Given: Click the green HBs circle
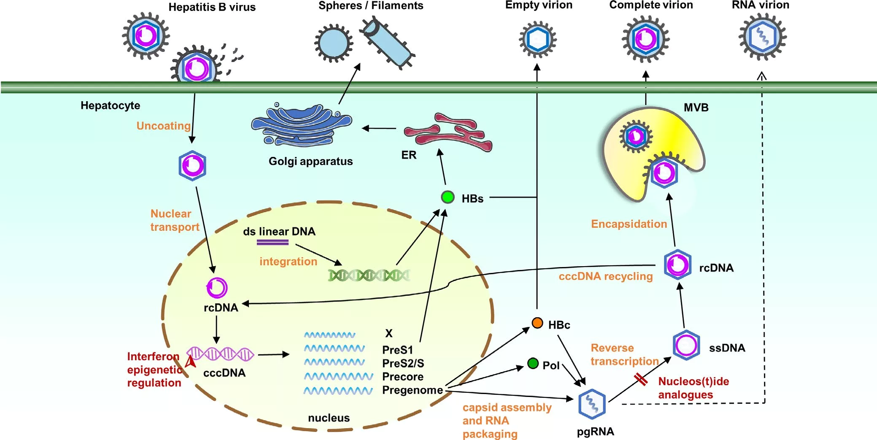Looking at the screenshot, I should [x=448, y=197].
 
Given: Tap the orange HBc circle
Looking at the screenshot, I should [x=537, y=323].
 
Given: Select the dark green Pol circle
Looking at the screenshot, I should [x=533, y=363].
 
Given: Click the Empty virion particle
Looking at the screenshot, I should [x=537, y=40].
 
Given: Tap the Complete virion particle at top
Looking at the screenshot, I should [x=645, y=39].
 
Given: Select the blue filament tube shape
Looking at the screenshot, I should [x=387, y=42].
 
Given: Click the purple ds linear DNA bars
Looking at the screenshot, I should [x=273, y=242].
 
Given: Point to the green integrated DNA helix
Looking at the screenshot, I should [x=369, y=275].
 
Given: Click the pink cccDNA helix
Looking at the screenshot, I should [x=220, y=354].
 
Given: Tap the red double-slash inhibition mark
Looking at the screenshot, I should [x=641, y=379].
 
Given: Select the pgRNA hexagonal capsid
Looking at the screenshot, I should [x=592, y=404].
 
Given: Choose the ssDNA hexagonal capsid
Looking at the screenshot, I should [x=686, y=346].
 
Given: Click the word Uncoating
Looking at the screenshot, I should [x=163, y=126].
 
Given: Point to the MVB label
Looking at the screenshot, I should [x=696, y=108].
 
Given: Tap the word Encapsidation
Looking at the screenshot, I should [x=629, y=224].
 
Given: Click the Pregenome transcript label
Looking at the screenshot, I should [x=412, y=390].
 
